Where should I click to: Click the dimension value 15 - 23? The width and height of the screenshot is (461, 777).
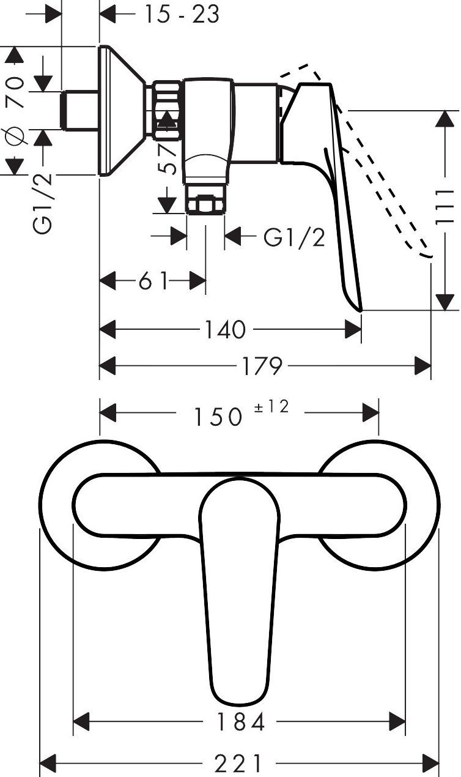pos(181,14)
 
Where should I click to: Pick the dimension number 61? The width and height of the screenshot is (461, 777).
pos(153,282)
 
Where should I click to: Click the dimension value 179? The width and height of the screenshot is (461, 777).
pos(260,366)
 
